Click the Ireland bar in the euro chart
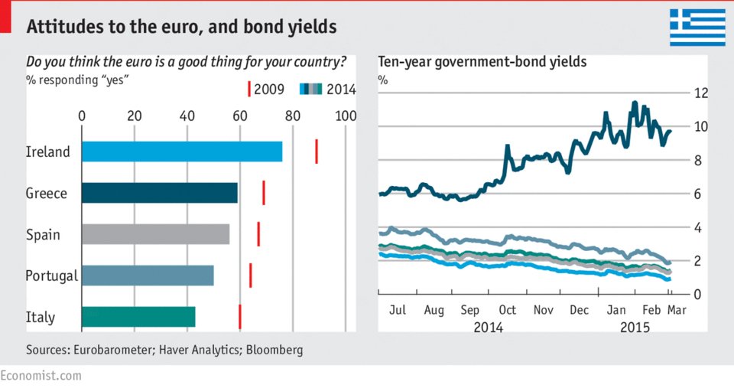(181, 152)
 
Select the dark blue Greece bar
(159, 193)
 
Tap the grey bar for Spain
(155, 234)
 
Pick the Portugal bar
(147, 275)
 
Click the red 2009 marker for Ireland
(317, 152)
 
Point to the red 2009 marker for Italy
(240, 316)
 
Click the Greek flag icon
(697, 28)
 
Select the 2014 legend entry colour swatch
(310, 90)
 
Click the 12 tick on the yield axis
(701, 93)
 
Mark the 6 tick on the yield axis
(701, 194)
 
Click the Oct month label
(506, 311)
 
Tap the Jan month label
(615, 311)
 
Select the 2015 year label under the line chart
(634, 327)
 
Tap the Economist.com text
(41, 376)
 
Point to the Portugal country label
(51, 276)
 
